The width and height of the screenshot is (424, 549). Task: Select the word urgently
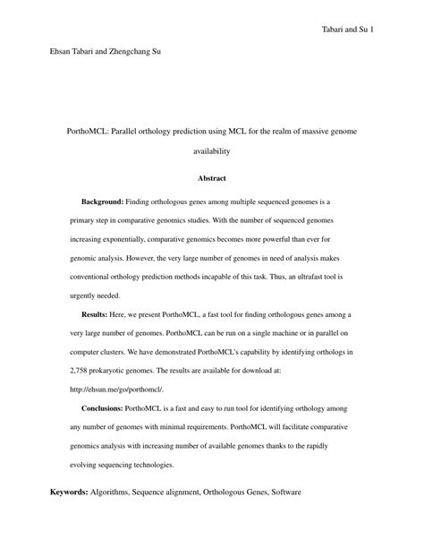[x=86, y=296]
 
